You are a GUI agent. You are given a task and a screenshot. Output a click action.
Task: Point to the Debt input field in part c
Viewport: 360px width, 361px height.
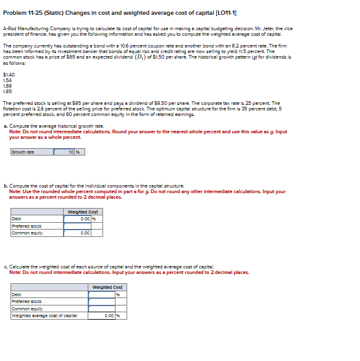(x=102, y=294)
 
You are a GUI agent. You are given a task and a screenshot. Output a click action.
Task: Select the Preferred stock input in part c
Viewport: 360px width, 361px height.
(x=102, y=301)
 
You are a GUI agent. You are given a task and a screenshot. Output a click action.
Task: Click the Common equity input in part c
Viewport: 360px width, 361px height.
(x=102, y=308)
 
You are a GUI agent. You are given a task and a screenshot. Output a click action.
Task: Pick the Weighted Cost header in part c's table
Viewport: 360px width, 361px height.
(x=107, y=286)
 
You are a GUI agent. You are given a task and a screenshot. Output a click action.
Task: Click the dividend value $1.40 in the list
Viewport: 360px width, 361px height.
(x=9, y=74)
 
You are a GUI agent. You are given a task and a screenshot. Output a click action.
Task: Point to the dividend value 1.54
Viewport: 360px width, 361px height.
(x=7, y=80)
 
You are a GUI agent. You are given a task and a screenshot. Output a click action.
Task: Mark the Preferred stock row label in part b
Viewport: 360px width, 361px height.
(x=28, y=226)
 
